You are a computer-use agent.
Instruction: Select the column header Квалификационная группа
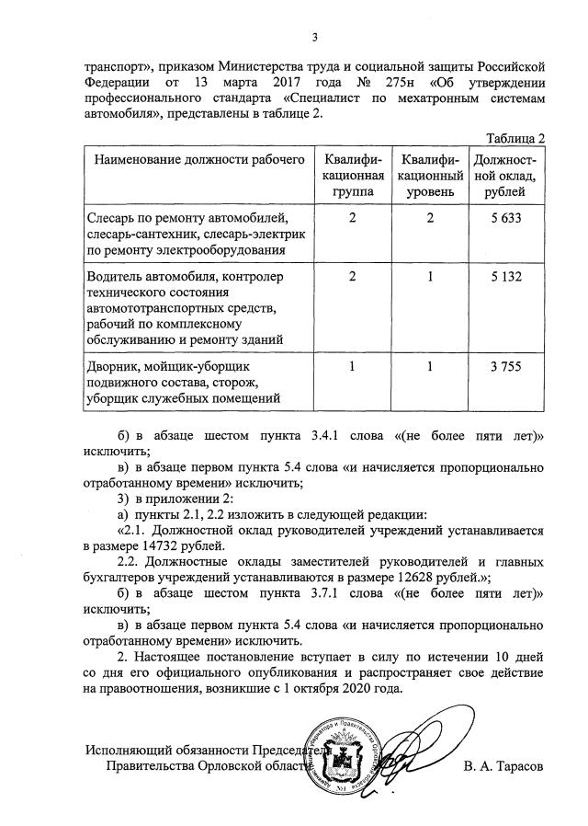pyautogui.click(x=353, y=175)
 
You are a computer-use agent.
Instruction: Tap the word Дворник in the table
pyautogui.click(x=115, y=366)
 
